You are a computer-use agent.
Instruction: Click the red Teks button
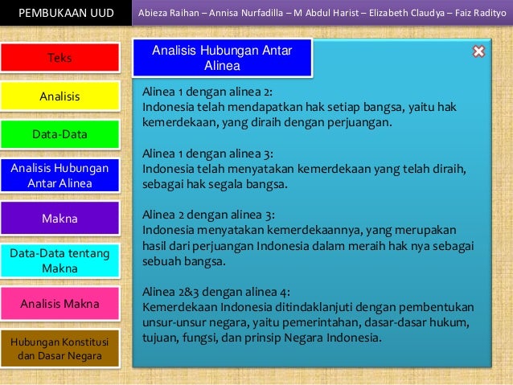tap(60, 58)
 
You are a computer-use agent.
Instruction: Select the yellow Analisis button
tap(60, 96)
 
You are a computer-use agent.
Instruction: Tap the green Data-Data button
tap(60, 134)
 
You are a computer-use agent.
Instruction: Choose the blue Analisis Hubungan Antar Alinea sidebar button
tap(60, 176)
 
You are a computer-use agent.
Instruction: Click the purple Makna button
tap(60, 218)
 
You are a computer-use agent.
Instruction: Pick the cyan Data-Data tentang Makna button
tap(60, 260)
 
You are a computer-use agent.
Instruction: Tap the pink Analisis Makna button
tap(60, 304)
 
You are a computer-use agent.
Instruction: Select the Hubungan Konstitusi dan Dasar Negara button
tap(60, 348)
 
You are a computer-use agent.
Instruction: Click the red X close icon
tap(478, 51)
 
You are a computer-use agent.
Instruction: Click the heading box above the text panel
tap(221, 58)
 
